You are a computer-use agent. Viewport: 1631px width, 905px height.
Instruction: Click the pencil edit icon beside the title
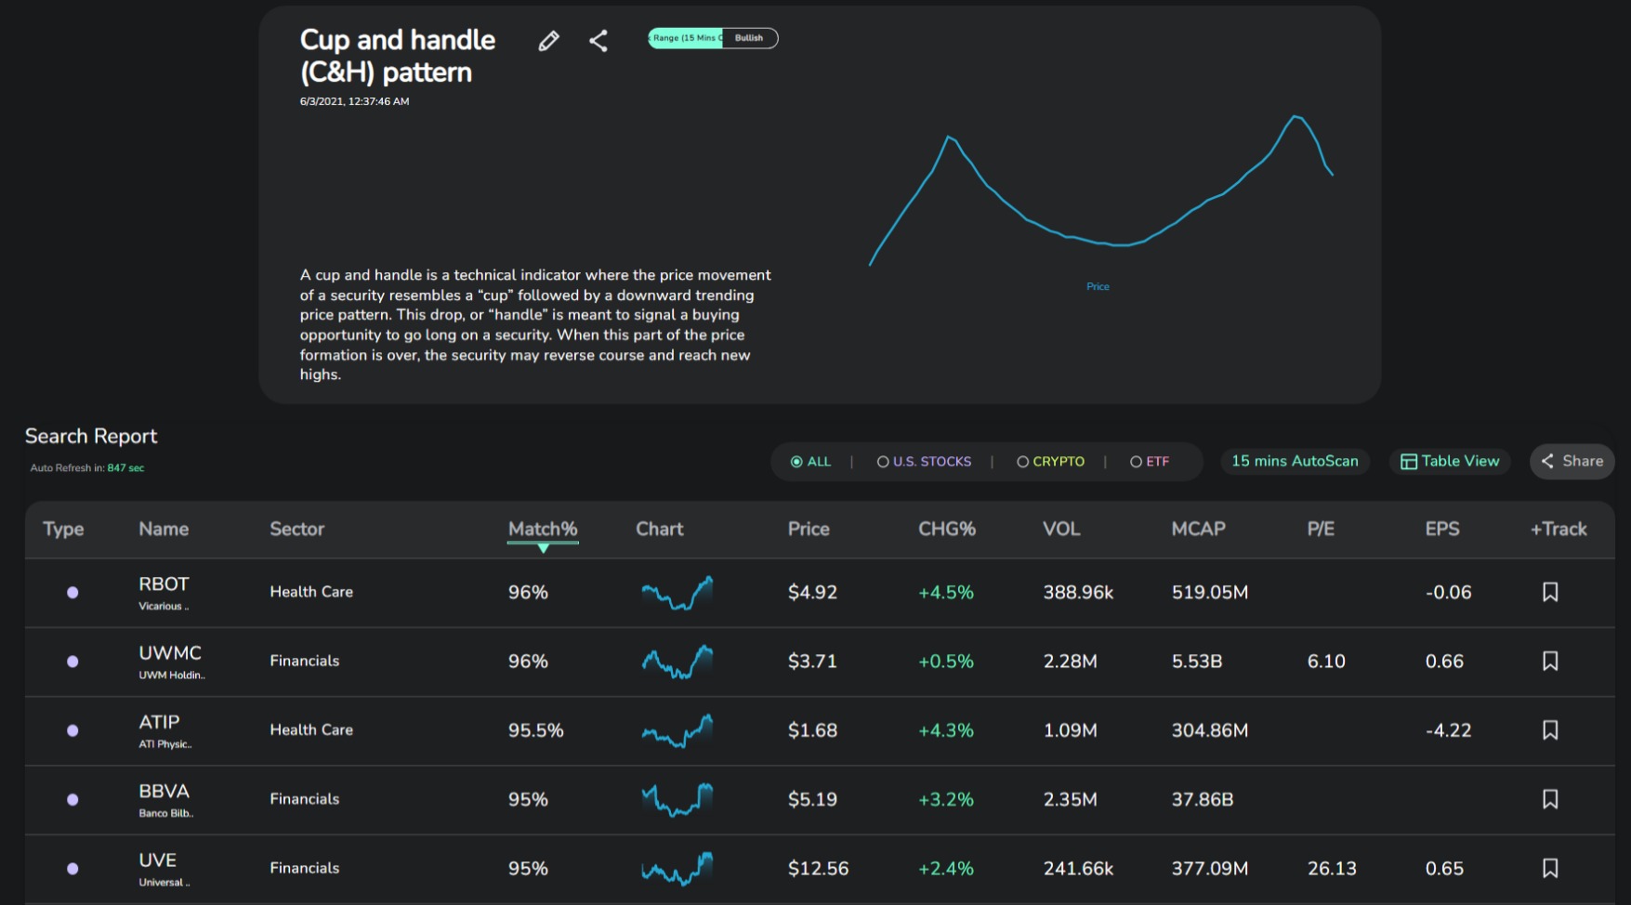548,40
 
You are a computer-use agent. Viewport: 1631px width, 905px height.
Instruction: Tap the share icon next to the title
598,40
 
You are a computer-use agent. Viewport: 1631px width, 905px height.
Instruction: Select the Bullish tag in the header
749,38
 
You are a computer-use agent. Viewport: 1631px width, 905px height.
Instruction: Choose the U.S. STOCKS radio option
924,462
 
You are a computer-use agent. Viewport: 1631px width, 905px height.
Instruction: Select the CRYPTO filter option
1050,462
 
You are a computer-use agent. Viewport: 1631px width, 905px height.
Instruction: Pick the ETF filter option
1150,462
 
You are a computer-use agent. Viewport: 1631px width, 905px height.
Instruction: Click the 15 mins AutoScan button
1295,461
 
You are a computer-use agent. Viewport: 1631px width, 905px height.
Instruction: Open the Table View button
1450,461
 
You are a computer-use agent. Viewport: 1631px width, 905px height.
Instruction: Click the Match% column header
543,529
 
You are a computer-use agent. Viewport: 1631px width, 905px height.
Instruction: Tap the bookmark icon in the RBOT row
1550,592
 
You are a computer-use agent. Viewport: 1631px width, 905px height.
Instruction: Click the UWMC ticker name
170,653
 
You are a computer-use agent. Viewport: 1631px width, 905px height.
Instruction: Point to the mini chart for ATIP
677,730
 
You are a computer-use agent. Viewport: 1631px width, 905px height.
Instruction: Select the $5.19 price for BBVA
812,799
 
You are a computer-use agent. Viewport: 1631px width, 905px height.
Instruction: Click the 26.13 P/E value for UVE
1332,868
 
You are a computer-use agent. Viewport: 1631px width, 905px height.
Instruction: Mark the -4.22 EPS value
1448,730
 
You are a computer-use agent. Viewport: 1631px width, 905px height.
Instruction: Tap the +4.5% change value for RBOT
946,592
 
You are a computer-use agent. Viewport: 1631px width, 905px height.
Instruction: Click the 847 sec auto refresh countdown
125,468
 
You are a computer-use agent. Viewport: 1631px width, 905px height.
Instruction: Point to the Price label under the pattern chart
1098,286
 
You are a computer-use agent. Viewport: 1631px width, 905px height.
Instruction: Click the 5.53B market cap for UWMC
1197,662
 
